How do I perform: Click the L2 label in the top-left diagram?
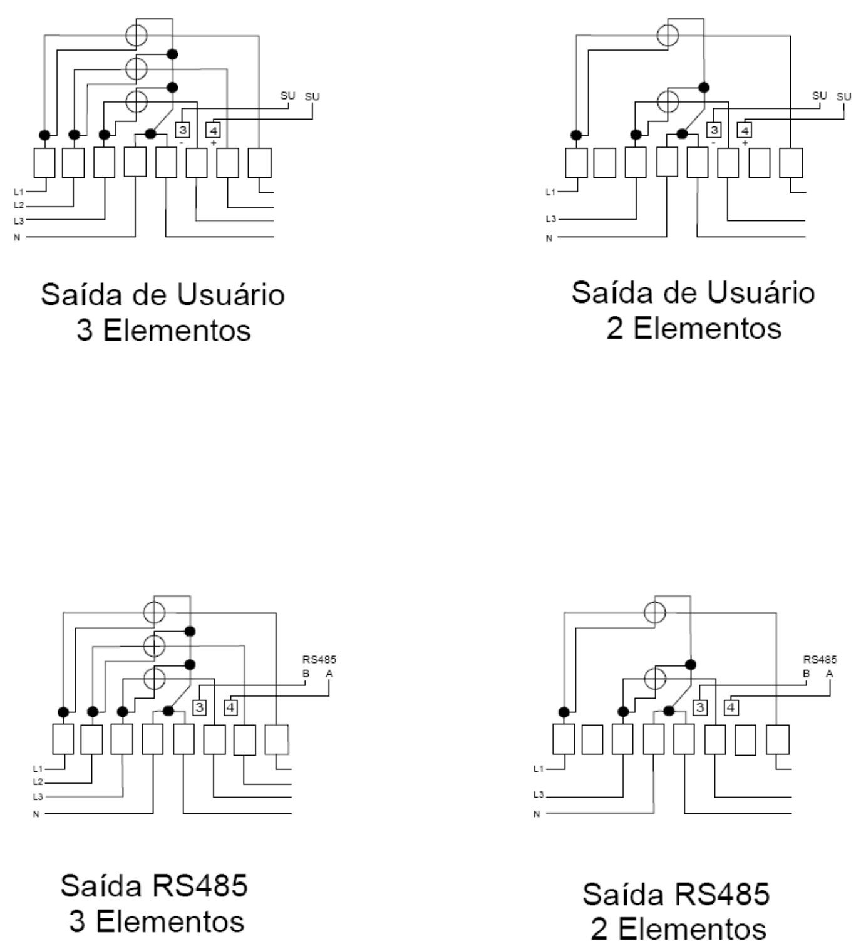pos(18,205)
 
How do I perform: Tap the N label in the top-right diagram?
pos(549,238)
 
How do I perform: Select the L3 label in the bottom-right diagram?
pos(539,795)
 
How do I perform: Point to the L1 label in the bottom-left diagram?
pos(38,769)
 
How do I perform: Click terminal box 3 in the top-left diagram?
pos(183,130)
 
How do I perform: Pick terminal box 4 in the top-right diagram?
pos(745,130)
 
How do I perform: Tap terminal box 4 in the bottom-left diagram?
pos(230,707)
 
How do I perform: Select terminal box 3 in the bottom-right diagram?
pos(700,707)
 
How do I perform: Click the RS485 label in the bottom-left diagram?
pos(319,659)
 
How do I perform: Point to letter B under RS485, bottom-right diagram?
pos(806,674)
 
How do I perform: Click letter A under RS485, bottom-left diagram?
pos(329,674)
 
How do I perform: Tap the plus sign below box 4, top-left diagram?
pos(214,143)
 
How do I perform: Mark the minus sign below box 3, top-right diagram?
pos(714,143)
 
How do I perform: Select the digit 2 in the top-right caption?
pos(614,328)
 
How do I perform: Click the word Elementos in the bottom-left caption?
pos(170,921)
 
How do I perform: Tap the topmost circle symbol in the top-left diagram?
pos(136,35)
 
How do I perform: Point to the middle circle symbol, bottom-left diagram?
pos(154,645)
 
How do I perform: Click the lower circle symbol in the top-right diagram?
pos(668,101)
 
